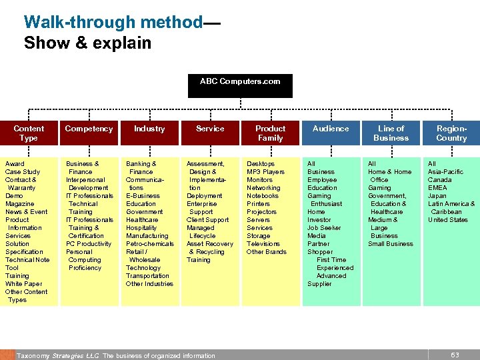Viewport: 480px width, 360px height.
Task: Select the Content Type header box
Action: click(29, 133)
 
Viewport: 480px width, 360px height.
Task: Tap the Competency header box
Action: click(89, 129)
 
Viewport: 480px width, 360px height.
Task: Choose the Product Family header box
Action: click(270, 133)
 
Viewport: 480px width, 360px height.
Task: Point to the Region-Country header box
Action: click(451, 133)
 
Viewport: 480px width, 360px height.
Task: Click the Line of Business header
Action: click(391, 133)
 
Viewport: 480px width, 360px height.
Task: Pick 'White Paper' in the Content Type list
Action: click(23, 283)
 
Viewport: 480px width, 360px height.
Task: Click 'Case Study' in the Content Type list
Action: click(23, 171)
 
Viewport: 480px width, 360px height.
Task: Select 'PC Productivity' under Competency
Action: click(89, 243)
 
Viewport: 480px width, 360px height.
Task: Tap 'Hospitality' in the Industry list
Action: click(141, 227)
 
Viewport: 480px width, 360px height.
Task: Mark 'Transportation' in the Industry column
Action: click(147, 275)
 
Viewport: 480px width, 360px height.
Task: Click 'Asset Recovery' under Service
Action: click(210, 243)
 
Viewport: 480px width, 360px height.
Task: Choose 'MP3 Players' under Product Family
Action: click(265, 171)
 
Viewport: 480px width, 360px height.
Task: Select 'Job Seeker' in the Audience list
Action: click(324, 227)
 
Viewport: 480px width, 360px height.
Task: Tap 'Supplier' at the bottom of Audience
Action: click(319, 283)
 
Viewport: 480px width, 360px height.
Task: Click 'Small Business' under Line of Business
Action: click(391, 243)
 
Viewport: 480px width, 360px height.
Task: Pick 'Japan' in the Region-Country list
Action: click(437, 195)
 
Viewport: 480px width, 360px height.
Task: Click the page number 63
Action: click(455, 355)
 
